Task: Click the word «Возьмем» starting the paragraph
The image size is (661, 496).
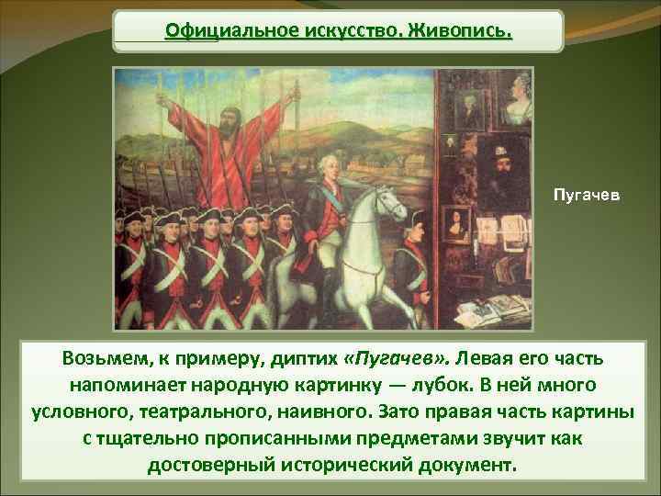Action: click(x=101, y=356)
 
